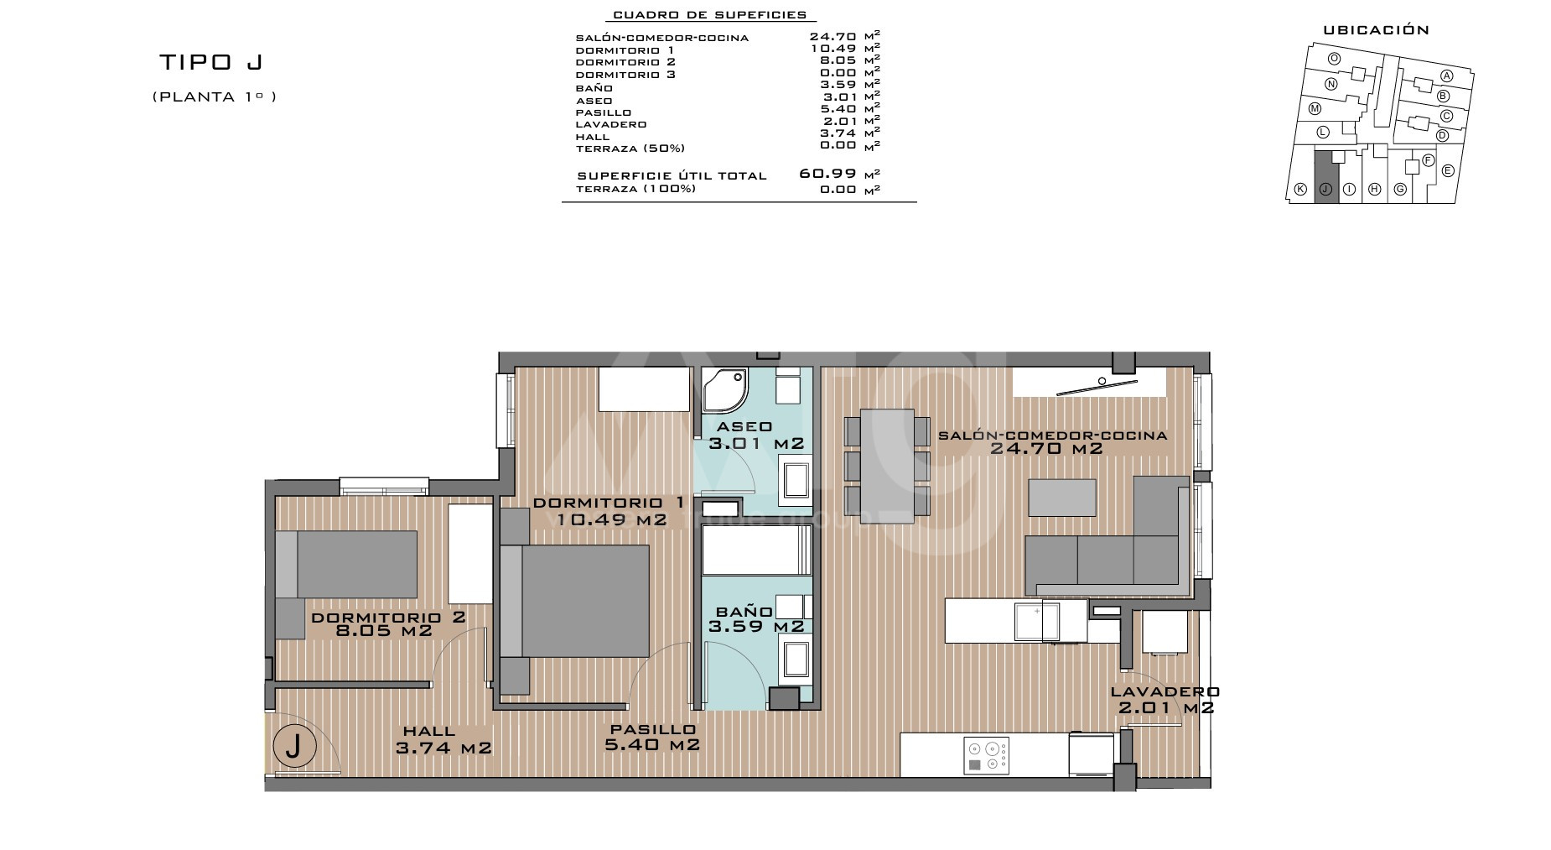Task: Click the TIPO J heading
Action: point(212,62)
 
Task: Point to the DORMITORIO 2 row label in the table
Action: point(625,62)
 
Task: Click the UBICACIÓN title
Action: point(1376,29)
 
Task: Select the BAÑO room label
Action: point(744,612)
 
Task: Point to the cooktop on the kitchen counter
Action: point(987,755)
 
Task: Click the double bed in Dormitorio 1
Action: point(575,601)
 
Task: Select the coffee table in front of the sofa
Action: point(1062,497)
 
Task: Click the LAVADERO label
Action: point(1165,691)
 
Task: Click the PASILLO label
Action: point(653,729)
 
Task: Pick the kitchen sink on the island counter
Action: point(1040,621)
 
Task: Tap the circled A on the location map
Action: point(1446,75)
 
